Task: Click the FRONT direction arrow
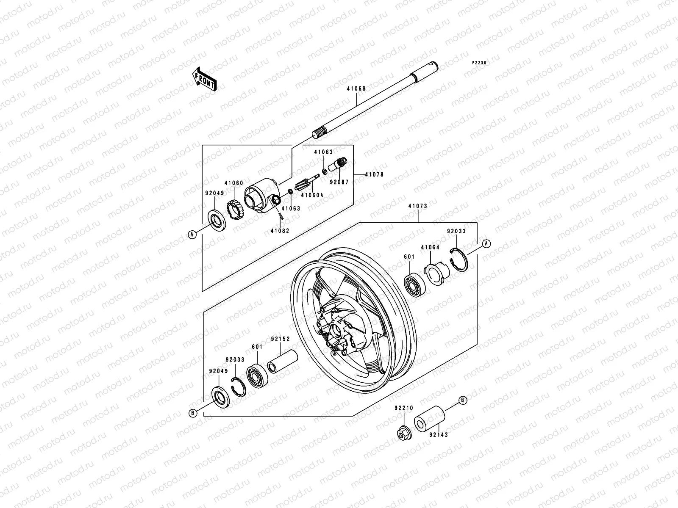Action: [x=205, y=79]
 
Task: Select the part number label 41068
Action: [x=356, y=88]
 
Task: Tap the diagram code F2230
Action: [x=479, y=63]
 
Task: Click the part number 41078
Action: [x=374, y=174]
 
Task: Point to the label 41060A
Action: [x=312, y=195]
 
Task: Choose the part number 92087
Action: [x=339, y=182]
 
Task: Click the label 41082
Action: [x=280, y=231]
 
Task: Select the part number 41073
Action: [x=418, y=206]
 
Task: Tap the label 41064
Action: [x=430, y=247]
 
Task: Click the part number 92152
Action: [x=281, y=339]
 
